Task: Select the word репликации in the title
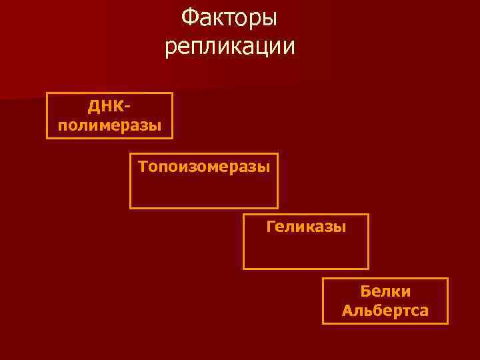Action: coord(229,47)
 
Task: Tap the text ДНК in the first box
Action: coord(103,107)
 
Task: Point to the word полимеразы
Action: coord(109,125)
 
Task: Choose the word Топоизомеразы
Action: coord(204,166)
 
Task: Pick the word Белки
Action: coord(385,291)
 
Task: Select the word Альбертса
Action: coord(385,311)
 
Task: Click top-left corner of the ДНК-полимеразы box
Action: coord(47,93)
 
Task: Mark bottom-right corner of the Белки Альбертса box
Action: coord(447,323)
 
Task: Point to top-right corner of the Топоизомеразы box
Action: coord(277,155)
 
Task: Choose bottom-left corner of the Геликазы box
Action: coord(244,269)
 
